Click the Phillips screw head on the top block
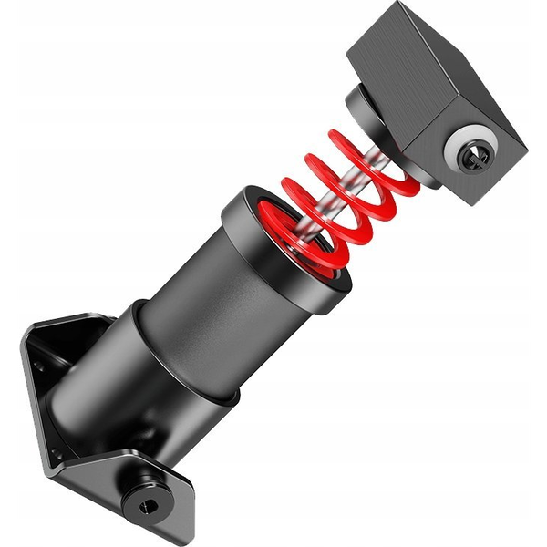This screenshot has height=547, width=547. coord(476,155)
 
